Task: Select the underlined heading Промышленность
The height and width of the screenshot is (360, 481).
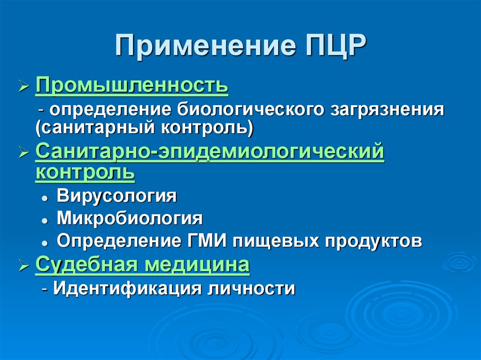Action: point(132,86)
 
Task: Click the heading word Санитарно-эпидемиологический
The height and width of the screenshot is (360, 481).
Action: point(210,153)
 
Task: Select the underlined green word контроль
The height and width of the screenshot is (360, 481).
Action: point(85,172)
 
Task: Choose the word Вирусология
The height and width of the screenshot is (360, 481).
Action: point(117,195)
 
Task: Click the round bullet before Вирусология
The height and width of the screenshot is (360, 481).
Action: point(44,198)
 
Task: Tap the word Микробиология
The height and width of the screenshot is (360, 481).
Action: point(130,218)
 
